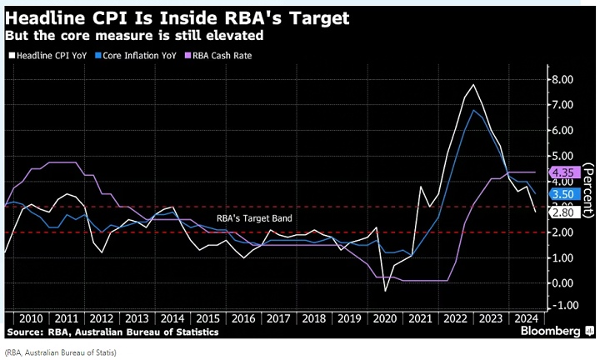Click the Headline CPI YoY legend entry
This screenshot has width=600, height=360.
coord(51,56)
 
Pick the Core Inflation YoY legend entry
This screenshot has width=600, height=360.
coord(138,56)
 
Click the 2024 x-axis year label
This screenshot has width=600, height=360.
coord(527,319)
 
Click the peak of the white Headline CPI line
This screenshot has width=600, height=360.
coord(473,85)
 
